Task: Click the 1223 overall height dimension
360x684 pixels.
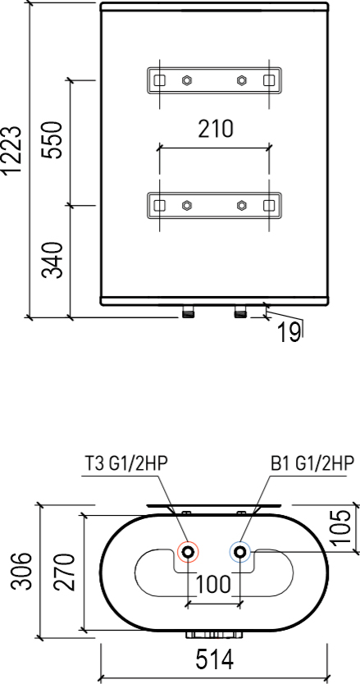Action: (11, 151)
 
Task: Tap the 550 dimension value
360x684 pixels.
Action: (52, 140)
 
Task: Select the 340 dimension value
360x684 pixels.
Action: (52, 259)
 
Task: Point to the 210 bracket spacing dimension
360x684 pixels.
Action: (216, 129)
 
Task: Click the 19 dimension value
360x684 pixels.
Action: (289, 333)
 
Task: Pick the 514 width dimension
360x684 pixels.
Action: (214, 659)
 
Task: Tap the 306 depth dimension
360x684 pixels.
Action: (21, 571)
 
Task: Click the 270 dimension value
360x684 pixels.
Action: (65, 572)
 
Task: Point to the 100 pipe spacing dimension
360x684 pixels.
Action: (213, 584)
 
